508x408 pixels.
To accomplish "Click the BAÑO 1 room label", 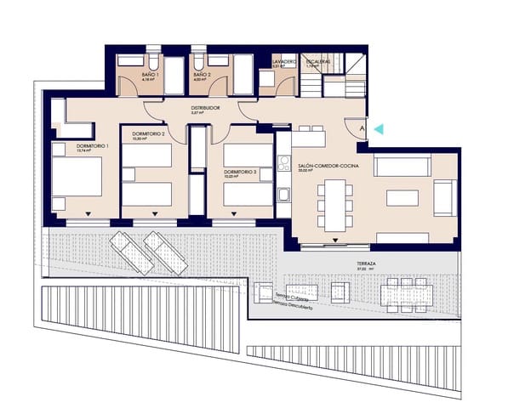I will coord(150,76).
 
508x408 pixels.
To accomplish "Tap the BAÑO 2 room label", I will coord(201,76).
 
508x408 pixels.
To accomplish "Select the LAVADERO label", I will coord(283,62).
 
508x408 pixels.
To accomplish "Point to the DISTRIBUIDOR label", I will coord(205,109).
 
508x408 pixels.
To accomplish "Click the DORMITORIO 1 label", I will coord(91,146).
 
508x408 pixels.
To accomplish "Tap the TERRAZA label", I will coord(367,264).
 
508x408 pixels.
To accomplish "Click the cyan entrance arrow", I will coord(379,129).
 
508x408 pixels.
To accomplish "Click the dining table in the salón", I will coord(335,205).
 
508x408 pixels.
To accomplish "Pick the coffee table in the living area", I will coord(402,197).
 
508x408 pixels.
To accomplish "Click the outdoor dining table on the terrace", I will coord(407,294).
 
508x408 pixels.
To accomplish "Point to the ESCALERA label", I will coord(317,62).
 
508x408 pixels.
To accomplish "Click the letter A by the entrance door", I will coord(362,129).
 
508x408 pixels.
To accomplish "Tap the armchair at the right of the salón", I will coord(444,197).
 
